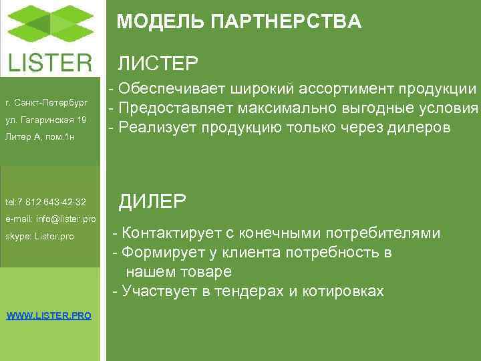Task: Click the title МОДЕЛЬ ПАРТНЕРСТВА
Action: click(x=238, y=22)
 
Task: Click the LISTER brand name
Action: click(x=50, y=63)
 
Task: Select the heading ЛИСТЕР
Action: click(x=158, y=64)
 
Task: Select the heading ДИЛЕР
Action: click(x=153, y=200)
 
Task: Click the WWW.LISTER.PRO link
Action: click(x=49, y=315)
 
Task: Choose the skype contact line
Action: click(x=39, y=236)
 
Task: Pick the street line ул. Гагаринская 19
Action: click(x=45, y=120)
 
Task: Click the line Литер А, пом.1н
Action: click(x=39, y=138)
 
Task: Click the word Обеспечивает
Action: click(x=173, y=90)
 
